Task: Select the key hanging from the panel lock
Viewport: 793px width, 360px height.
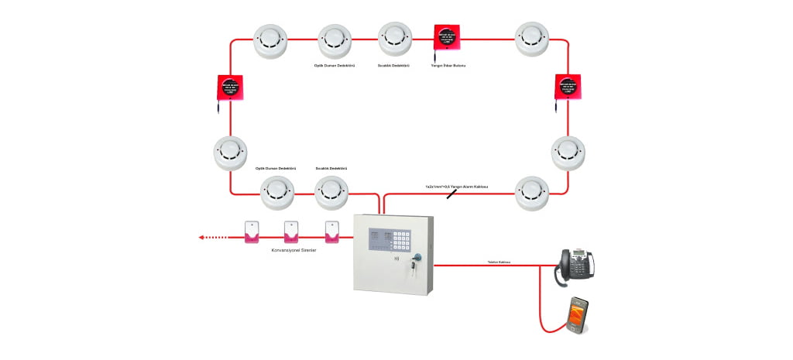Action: pyautogui.click(x=415, y=266)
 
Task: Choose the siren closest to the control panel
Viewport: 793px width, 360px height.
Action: pyautogui.click(x=332, y=232)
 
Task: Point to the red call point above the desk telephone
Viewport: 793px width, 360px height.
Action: pyautogui.click(x=570, y=87)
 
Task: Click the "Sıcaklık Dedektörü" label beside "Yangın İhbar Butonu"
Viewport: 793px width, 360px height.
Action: pyautogui.click(x=393, y=66)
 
